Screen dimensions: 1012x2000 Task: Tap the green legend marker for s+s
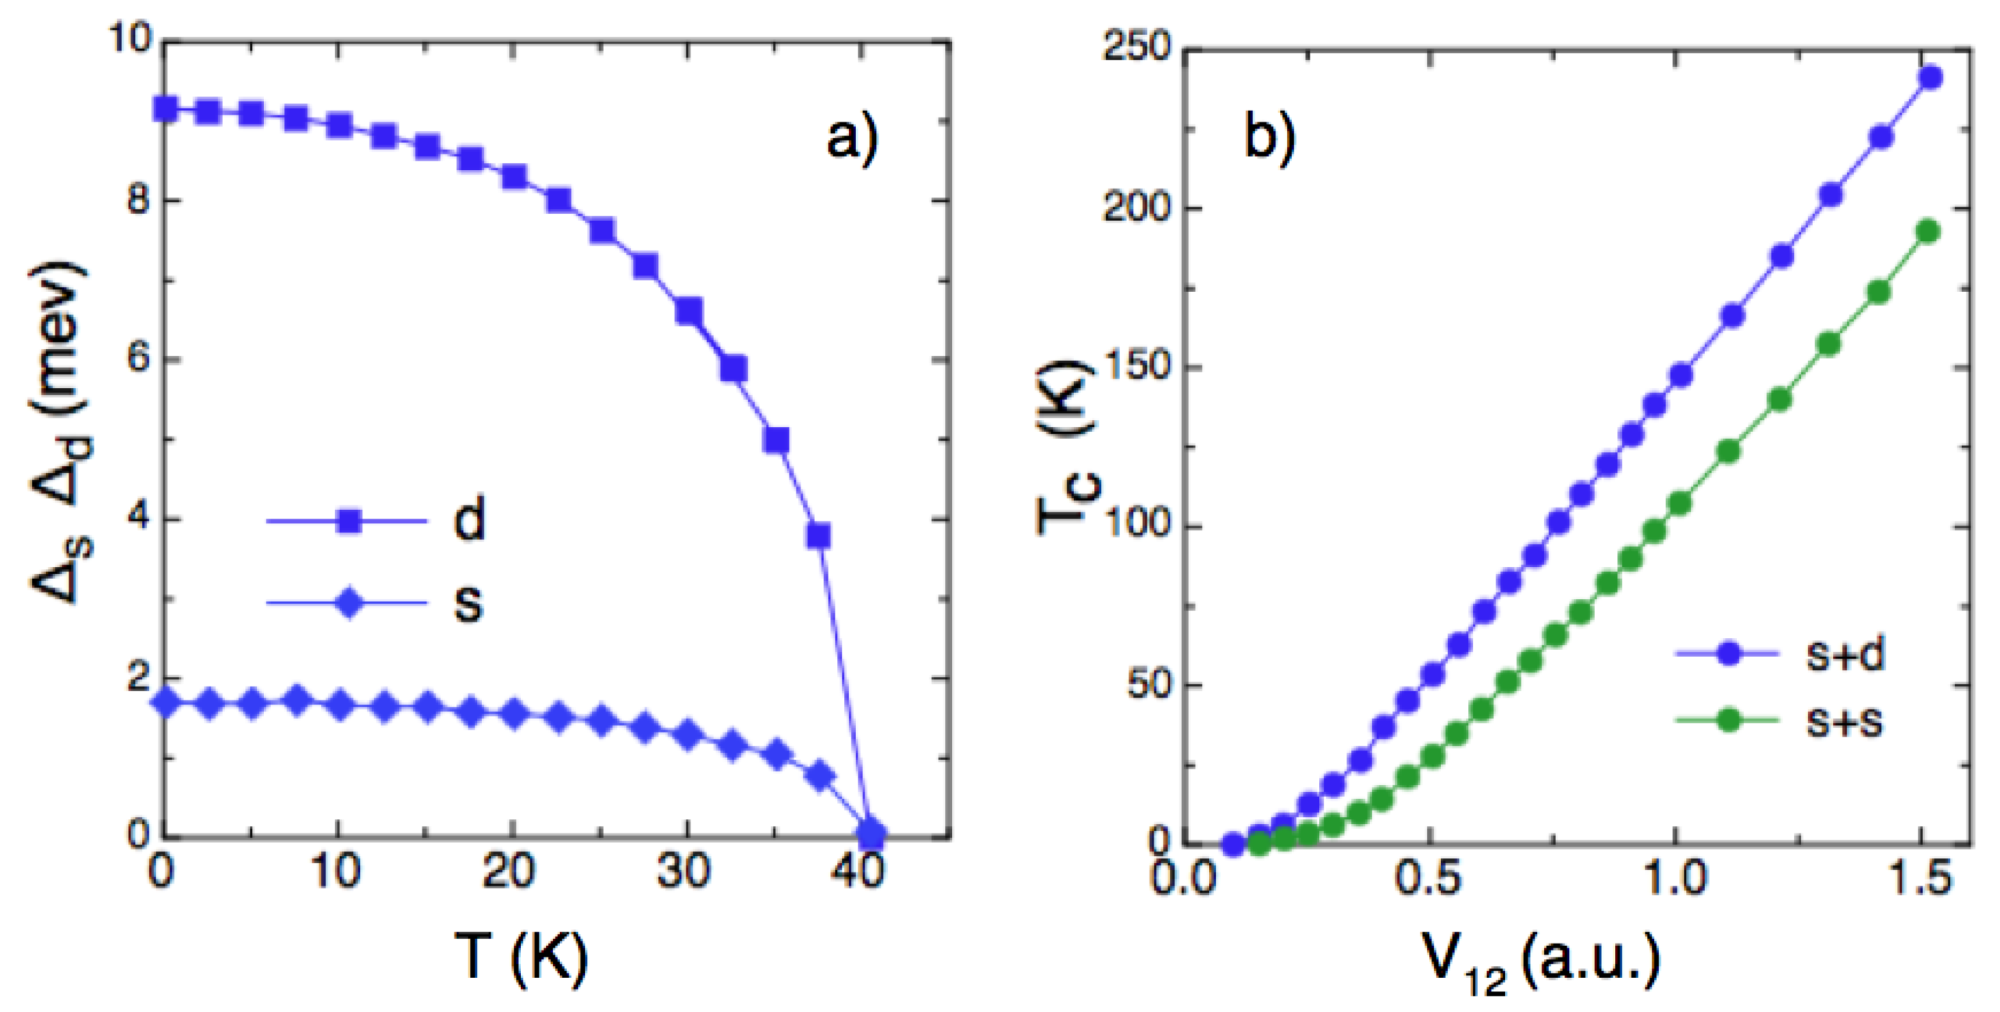pos(1727,721)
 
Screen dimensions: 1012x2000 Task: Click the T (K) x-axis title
pos(521,957)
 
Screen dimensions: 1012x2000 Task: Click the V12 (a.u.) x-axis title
pos(1541,961)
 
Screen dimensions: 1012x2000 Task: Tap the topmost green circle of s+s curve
pos(1929,231)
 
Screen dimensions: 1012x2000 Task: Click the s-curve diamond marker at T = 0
pos(165,703)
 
